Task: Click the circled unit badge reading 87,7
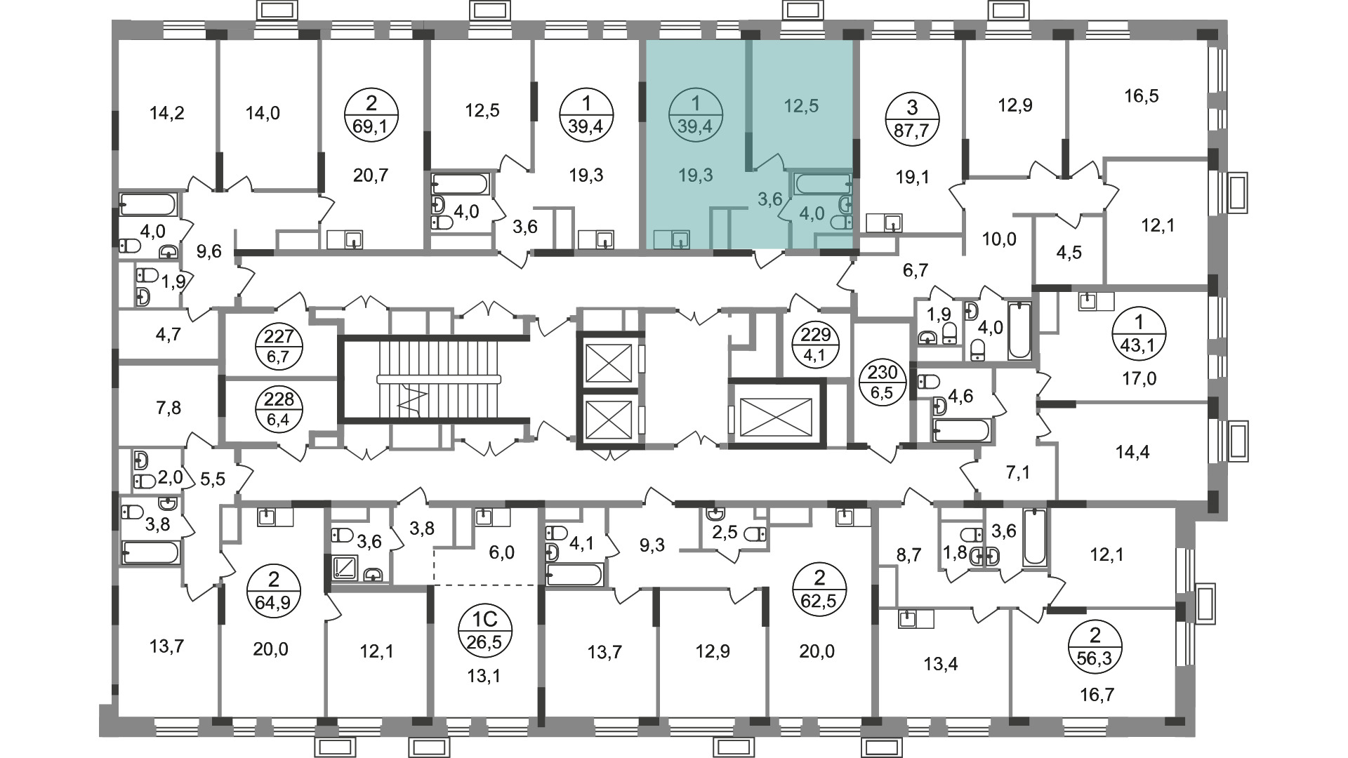pos(912,120)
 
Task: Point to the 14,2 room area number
pos(167,112)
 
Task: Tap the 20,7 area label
pos(371,175)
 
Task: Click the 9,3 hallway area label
pos(652,545)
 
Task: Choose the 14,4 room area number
pos(1132,452)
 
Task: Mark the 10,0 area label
pos(1000,239)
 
